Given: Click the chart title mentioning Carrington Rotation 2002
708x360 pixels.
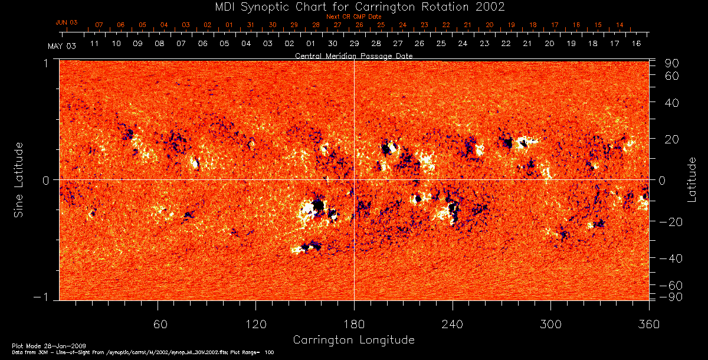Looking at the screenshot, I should [354, 7].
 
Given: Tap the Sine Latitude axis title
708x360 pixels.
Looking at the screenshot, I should [19, 179].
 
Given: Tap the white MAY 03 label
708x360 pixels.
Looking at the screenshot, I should [62, 45].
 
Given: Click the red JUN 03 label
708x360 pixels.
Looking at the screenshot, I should [67, 22].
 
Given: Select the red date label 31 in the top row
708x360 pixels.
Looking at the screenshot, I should [251, 25].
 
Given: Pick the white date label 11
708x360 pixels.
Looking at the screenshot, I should [94, 44].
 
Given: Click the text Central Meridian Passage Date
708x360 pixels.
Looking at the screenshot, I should [354, 55].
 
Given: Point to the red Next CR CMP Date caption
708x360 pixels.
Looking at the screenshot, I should [354, 17].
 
